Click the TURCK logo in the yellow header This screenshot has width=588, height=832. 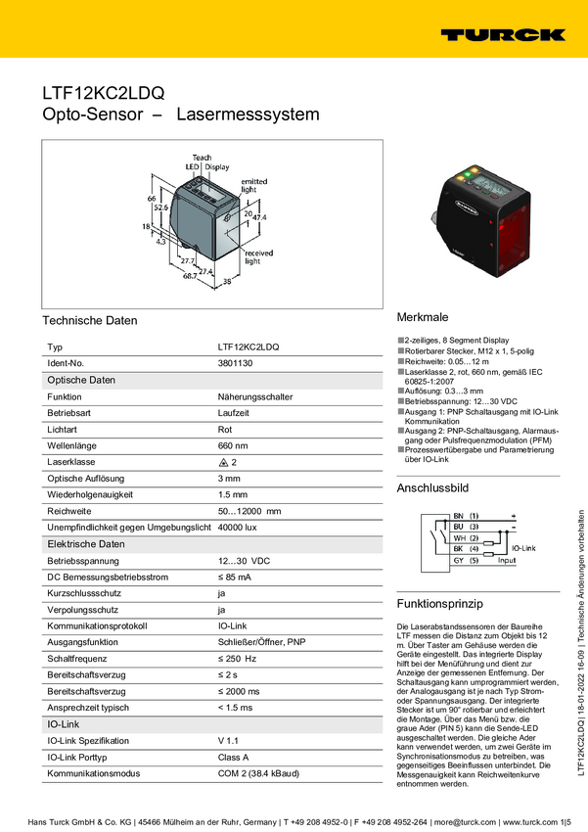502,34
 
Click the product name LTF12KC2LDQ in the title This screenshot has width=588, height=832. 103,93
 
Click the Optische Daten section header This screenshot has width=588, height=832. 82,380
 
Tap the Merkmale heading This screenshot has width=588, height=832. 422,318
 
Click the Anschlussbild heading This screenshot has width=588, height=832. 432,487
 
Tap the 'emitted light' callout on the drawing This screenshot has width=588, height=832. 253,185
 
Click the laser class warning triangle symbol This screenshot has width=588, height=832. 223,461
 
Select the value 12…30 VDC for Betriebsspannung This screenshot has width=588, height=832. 244,560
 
